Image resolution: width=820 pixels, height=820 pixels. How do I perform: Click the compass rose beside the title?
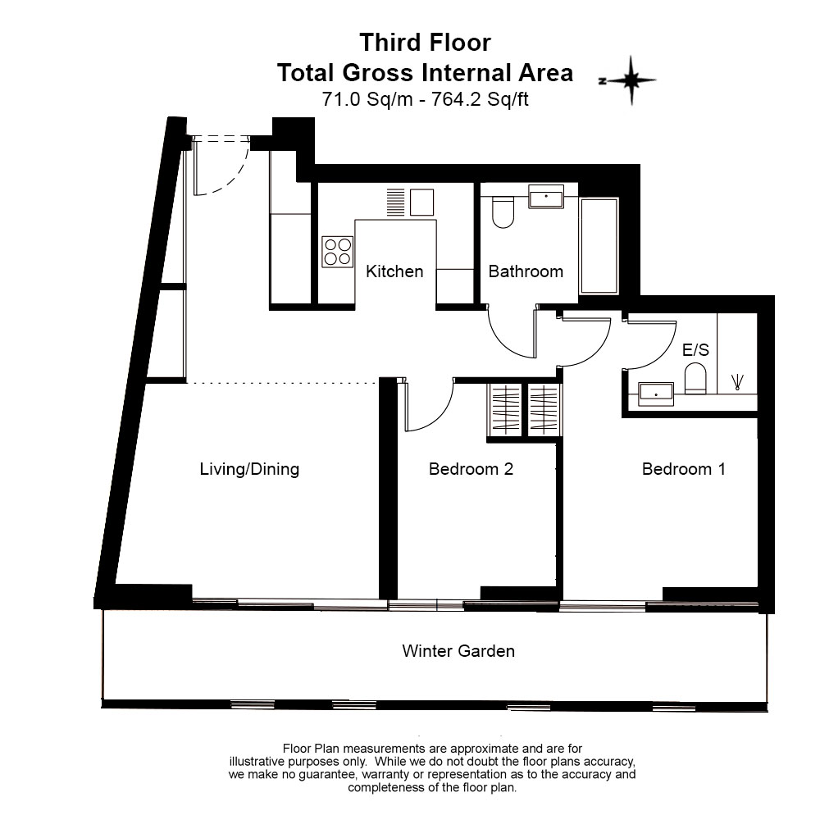(x=630, y=80)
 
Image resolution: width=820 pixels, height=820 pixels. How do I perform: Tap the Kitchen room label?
(x=394, y=271)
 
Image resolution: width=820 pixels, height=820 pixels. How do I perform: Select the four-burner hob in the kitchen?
(x=337, y=252)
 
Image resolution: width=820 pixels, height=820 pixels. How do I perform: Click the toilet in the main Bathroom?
(x=503, y=212)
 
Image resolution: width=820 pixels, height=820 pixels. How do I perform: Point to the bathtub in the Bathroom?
(x=599, y=245)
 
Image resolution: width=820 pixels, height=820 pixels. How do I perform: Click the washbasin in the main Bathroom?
(x=546, y=197)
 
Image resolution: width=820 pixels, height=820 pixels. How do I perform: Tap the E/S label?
(x=695, y=349)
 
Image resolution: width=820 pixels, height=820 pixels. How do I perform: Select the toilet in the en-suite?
(x=695, y=379)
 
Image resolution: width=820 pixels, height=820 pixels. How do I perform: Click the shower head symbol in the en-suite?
(x=738, y=382)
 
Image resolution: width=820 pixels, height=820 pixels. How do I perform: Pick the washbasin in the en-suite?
(x=656, y=394)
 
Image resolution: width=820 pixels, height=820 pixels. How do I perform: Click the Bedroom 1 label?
(x=684, y=469)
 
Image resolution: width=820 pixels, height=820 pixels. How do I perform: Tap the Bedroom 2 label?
(x=471, y=469)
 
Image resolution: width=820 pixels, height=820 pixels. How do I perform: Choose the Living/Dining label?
(x=249, y=469)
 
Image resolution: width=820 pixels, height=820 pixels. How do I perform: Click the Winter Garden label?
(x=458, y=651)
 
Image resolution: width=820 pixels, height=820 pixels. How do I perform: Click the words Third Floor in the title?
(x=425, y=43)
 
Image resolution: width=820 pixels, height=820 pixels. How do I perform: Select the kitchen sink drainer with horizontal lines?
(x=396, y=202)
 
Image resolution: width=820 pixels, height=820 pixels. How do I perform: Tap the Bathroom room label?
(x=526, y=271)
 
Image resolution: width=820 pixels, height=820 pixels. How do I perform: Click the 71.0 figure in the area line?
(x=341, y=99)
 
